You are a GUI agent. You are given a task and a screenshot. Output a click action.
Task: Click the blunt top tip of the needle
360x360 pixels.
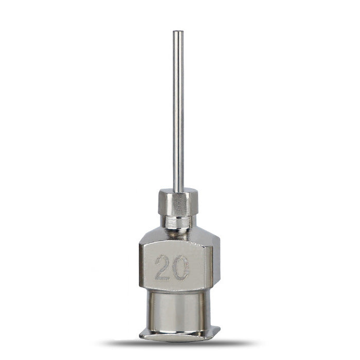[x=178, y=31]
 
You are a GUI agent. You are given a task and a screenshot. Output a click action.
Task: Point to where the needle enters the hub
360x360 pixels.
[x=178, y=191]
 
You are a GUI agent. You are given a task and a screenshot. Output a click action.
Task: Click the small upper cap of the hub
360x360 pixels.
[x=178, y=202]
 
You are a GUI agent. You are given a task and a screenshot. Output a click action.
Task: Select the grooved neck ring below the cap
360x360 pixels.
[x=178, y=222]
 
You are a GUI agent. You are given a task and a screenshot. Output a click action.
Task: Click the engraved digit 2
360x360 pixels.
[x=163, y=267]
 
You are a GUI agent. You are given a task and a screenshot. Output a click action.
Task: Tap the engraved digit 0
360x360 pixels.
[x=181, y=267]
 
